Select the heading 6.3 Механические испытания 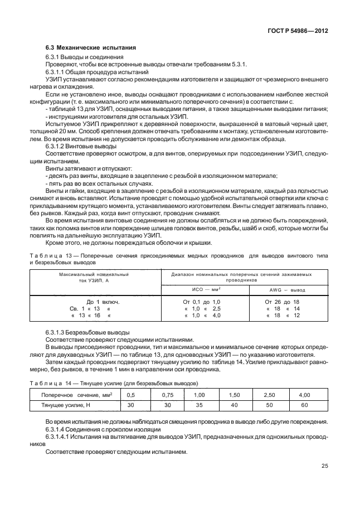(x=90, y=49)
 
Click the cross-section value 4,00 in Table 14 (x=304, y=395)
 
